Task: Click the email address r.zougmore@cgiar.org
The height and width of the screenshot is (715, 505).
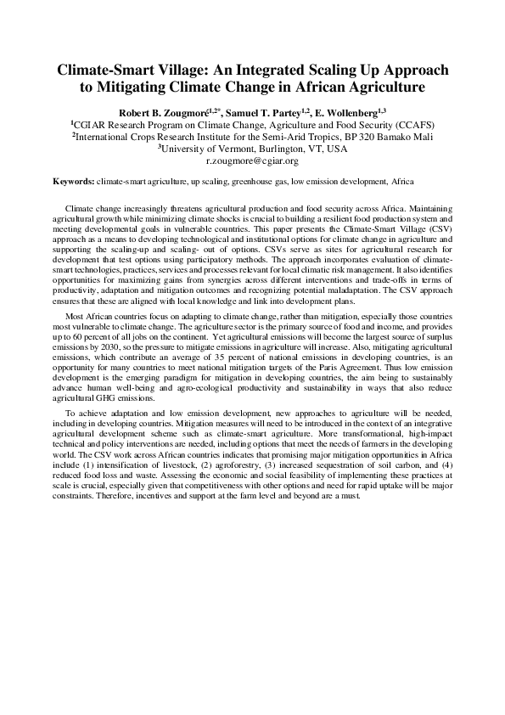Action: [252, 160]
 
